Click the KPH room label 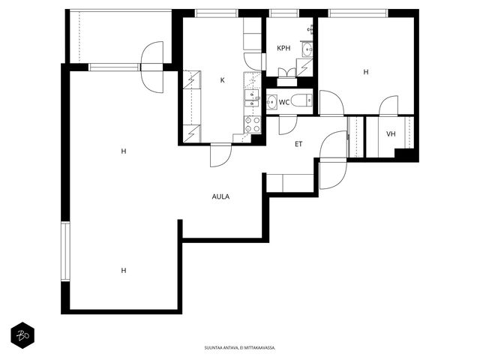pyautogui.click(x=283, y=48)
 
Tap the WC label pyautogui.click(x=284, y=102)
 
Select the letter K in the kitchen pyautogui.click(x=223, y=80)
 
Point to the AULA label pyautogui.click(x=220, y=196)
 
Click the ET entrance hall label pyautogui.click(x=298, y=144)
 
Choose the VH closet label pyautogui.click(x=391, y=133)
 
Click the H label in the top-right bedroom pyautogui.click(x=366, y=72)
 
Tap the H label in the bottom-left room pyautogui.click(x=124, y=270)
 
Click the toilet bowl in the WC pyautogui.click(x=301, y=100)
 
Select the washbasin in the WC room pyautogui.click(x=271, y=102)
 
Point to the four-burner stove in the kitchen pyautogui.click(x=253, y=124)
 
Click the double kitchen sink pyautogui.click(x=252, y=98)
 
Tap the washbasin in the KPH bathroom pyautogui.click(x=307, y=49)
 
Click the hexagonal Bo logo pyautogui.click(x=22, y=335)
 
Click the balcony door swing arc pyautogui.click(x=152, y=67)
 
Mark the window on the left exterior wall pyautogui.click(x=65, y=251)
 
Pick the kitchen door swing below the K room pyautogui.click(x=220, y=155)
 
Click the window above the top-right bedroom pyautogui.click(x=358, y=13)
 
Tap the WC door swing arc pyautogui.click(x=288, y=125)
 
